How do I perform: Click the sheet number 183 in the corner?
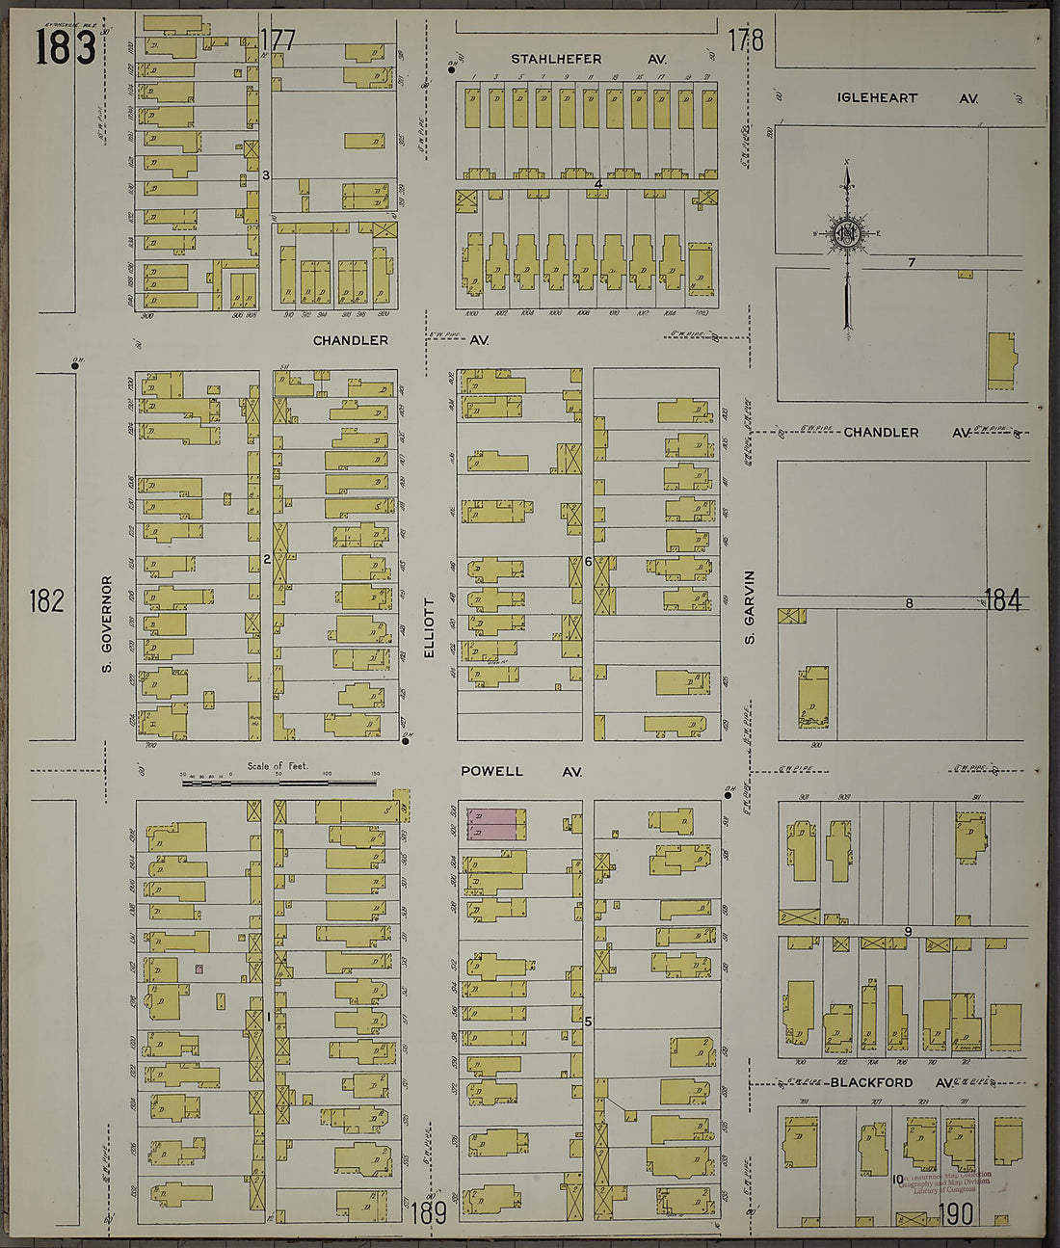click(x=66, y=46)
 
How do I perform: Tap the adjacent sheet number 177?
click(x=278, y=40)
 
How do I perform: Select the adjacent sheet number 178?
click(x=745, y=40)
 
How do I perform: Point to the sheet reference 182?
click(x=46, y=601)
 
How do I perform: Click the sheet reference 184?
click(x=1002, y=600)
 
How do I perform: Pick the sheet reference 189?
click(x=429, y=1212)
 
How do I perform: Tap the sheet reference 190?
click(x=953, y=1214)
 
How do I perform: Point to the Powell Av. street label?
click(x=520, y=772)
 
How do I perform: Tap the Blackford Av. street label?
click(x=891, y=1082)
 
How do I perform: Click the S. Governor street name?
click(x=107, y=624)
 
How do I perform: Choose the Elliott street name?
click(x=429, y=628)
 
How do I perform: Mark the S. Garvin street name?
click(x=749, y=607)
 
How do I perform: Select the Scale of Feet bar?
click(x=279, y=782)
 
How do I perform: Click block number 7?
click(x=911, y=262)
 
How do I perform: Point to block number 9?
click(x=907, y=931)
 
